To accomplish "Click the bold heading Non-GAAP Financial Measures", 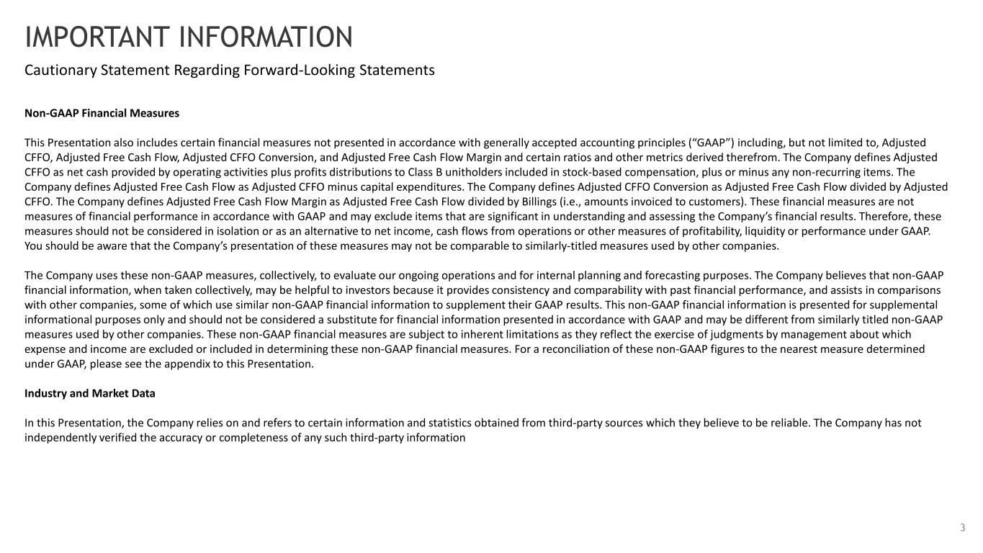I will (102, 113).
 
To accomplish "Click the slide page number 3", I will (962, 529).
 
